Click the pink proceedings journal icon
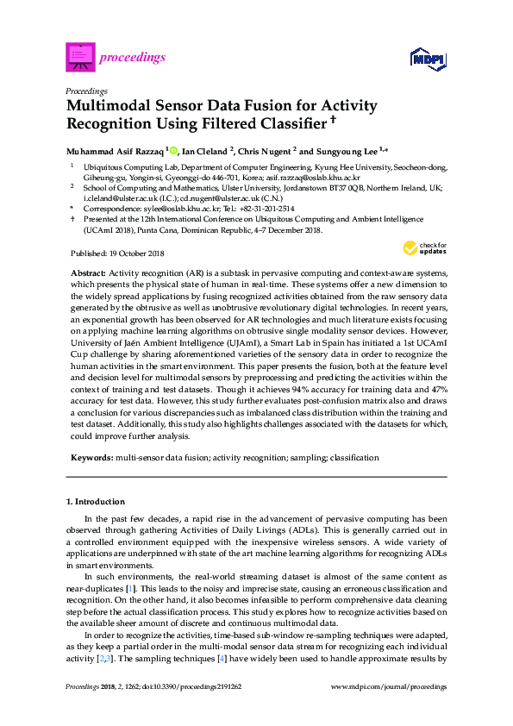tap(79, 57)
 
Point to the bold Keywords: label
tap(91, 457)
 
